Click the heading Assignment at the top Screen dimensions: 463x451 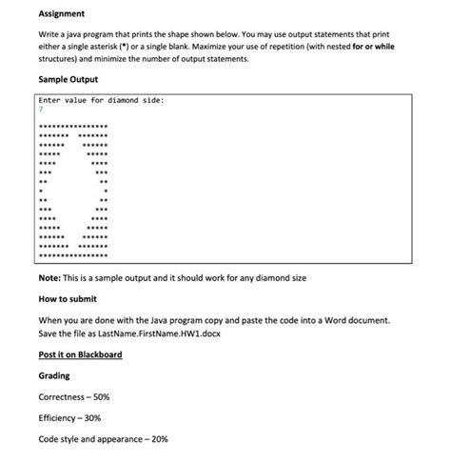pos(61,15)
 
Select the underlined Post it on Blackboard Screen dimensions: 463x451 pos(80,354)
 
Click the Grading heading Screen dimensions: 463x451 pos(54,375)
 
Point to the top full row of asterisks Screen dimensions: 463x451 pos(74,127)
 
